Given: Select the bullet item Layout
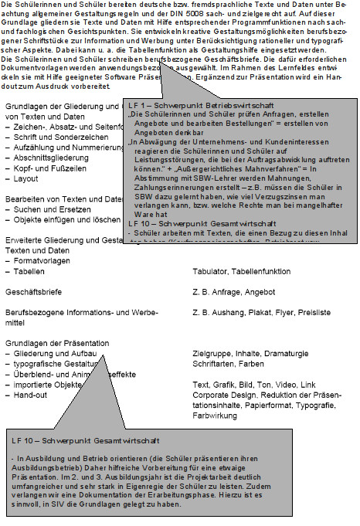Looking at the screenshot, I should click(x=26, y=178).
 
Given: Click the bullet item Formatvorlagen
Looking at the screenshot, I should click(x=40, y=261).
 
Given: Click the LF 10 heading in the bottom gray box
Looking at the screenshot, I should click(x=86, y=440).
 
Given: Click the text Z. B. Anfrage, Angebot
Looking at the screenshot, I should click(x=229, y=292).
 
